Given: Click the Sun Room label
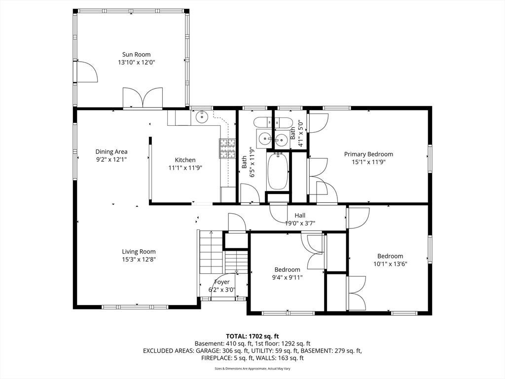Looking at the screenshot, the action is pyautogui.click(x=136, y=54).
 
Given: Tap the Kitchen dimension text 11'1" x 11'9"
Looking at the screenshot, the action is pyautogui.click(x=185, y=168).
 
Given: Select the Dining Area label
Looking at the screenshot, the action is pyautogui.click(x=111, y=152).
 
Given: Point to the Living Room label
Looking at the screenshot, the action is pyautogui.click(x=139, y=252).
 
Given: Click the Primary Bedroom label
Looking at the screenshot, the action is pyautogui.click(x=368, y=154).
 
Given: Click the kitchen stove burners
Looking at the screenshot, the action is pyautogui.click(x=228, y=149).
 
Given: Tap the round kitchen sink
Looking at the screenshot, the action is pyautogui.click(x=202, y=116).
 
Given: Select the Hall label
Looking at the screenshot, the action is pyautogui.click(x=300, y=215).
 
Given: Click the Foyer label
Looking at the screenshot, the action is pyautogui.click(x=222, y=282).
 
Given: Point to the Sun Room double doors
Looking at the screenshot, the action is pyautogui.click(x=142, y=97).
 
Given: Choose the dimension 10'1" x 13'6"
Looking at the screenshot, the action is pyautogui.click(x=391, y=264).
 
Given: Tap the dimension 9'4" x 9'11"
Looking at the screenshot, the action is pyautogui.click(x=288, y=277).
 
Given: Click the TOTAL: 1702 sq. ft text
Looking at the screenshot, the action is pyautogui.click(x=252, y=337).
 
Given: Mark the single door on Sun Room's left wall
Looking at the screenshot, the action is pyautogui.click(x=85, y=71).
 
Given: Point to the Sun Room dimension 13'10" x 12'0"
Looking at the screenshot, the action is pyautogui.click(x=137, y=63).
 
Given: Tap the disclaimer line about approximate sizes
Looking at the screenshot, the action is pyautogui.click(x=252, y=368).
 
